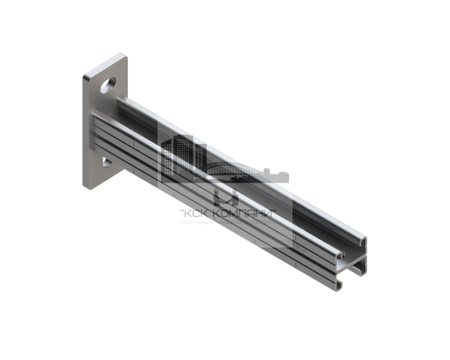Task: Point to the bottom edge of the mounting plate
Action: click(97, 188)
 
